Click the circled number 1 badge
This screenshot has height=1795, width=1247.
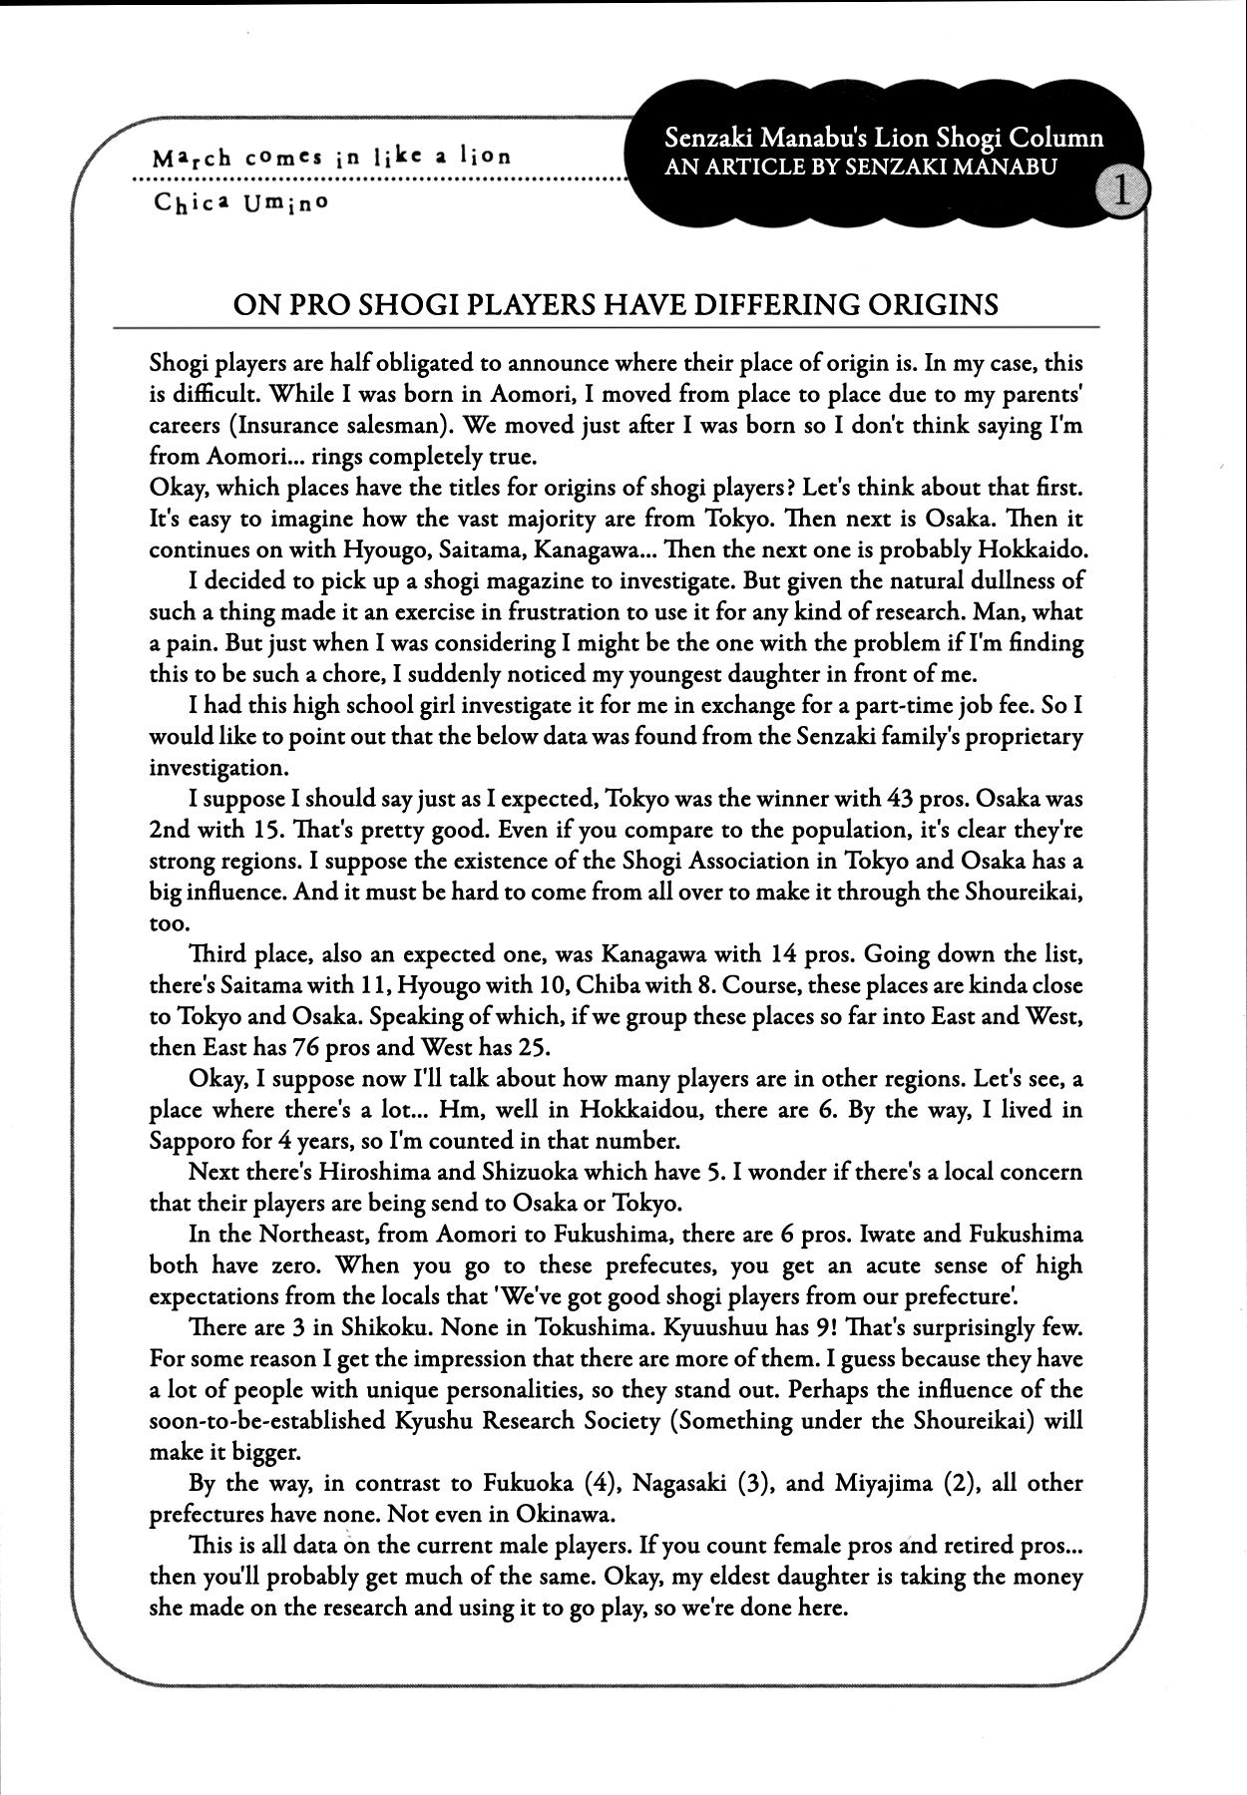click(1121, 190)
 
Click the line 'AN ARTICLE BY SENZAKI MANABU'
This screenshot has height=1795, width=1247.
click(859, 167)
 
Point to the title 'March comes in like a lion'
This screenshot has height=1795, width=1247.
click(331, 157)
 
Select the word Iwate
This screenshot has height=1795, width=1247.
click(864, 1235)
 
